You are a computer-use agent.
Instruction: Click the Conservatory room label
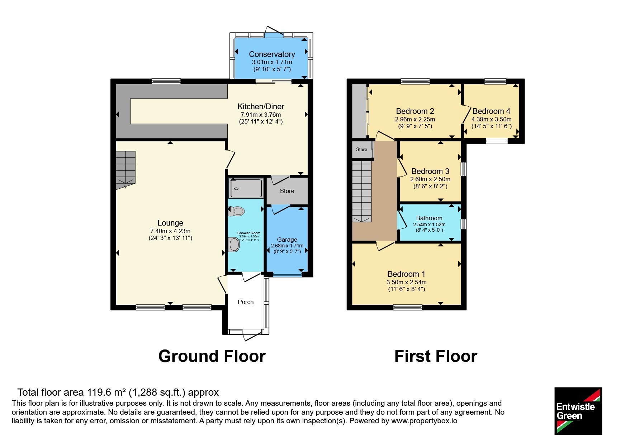pos(272,54)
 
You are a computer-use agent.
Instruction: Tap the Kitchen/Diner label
pos(261,106)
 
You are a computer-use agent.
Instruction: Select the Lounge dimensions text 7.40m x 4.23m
pos(170,231)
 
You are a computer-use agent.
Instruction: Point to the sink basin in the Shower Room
pos(234,245)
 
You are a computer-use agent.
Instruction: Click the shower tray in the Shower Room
pos(246,188)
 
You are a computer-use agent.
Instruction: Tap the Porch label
pos(246,302)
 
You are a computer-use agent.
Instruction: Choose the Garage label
pos(287,240)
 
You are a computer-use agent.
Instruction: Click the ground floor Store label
pos(287,191)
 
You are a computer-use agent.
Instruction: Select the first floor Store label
pos(361,149)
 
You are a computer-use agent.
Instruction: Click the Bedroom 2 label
pos(415,111)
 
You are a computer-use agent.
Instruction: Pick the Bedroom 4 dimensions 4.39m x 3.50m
pos(491,119)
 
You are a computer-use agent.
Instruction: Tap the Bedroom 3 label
pos(430,171)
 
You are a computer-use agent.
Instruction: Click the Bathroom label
pos(429,218)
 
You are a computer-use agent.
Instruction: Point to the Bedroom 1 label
pos(406,274)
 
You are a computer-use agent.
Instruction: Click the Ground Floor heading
pos(212,356)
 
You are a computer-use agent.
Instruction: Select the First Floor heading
pos(436,356)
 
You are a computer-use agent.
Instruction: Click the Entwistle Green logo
pos(578,411)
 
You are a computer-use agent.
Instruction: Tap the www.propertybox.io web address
pos(424,421)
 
